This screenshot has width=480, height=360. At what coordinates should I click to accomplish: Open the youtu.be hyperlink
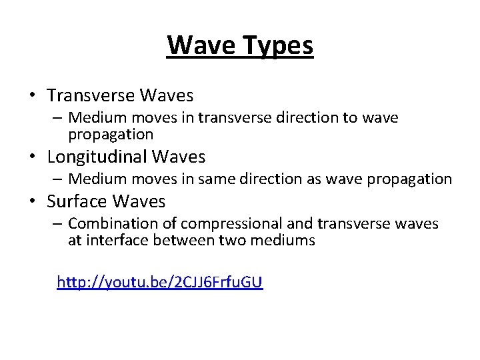click(160, 282)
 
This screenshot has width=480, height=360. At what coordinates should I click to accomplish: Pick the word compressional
click(231, 223)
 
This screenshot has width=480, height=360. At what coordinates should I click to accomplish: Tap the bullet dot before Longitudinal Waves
click(32, 158)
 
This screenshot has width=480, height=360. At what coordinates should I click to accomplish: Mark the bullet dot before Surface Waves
click(32, 201)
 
